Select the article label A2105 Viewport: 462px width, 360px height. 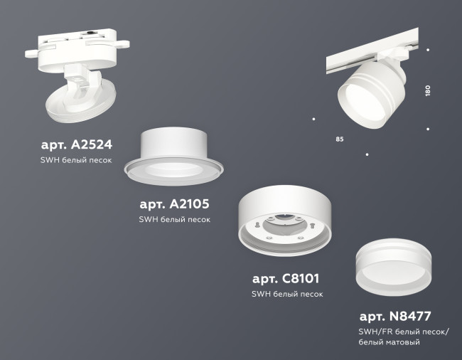pyautogui.click(x=174, y=204)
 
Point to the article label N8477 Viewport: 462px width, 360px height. pyautogui.click(x=395, y=316)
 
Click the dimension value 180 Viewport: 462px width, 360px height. pyautogui.click(x=428, y=91)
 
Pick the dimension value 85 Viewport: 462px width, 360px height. pyautogui.click(x=340, y=139)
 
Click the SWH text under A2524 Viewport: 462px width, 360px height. pyautogui.click(x=50, y=161)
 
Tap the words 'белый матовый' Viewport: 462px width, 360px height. pyautogui.click(x=390, y=343)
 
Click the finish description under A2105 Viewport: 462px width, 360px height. pyautogui.click(x=175, y=220)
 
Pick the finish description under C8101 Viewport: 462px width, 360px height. pyautogui.click(x=287, y=294)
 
